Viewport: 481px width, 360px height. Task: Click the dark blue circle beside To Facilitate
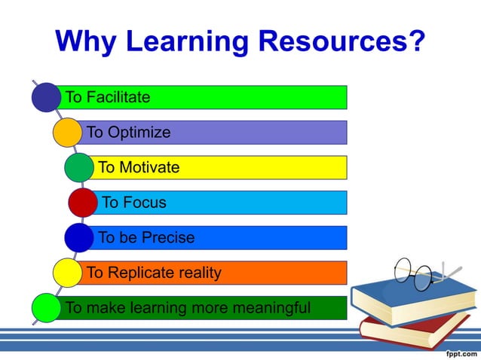click(x=46, y=97)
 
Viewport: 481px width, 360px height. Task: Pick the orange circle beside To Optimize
click(x=67, y=133)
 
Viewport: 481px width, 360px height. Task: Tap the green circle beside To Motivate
click(x=78, y=167)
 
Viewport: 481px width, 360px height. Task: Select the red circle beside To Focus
click(x=82, y=203)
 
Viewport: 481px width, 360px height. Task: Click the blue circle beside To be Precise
click(x=78, y=237)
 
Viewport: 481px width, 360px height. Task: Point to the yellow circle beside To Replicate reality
click(x=67, y=273)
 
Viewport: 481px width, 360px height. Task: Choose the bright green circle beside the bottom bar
click(x=46, y=308)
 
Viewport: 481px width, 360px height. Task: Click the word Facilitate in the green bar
click(x=118, y=97)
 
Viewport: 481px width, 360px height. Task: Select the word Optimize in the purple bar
click(x=139, y=133)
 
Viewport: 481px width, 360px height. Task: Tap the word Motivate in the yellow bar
click(x=149, y=167)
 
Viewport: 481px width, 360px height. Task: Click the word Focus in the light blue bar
click(x=144, y=203)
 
